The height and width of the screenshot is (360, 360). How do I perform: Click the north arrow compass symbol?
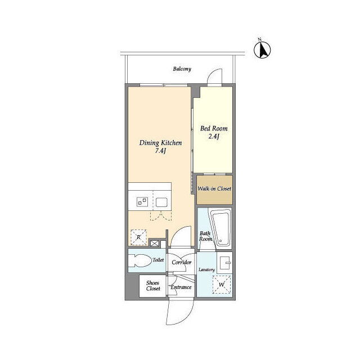tap(262, 49)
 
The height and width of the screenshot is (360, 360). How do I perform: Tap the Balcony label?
tap(182, 69)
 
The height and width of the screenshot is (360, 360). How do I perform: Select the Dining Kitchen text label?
tap(160, 143)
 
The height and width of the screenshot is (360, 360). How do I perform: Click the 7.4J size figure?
tap(160, 151)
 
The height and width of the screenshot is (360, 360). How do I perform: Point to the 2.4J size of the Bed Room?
tap(214, 136)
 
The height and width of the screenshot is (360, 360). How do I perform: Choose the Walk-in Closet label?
tap(214, 189)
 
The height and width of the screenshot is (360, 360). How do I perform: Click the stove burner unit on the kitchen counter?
tap(142, 202)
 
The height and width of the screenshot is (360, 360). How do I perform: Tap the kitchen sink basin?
tap(161, 202)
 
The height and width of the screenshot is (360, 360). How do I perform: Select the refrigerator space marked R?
tap(139, 237)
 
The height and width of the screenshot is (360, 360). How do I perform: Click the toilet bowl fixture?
tap(138, 261)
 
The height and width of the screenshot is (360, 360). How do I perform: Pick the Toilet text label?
tap(159, 260)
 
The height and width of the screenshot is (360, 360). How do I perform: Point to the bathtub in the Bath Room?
tap(221, 228)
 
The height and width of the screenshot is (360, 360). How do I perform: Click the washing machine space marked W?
tap(222, 285)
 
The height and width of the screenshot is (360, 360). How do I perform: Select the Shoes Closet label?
tap(153, 286)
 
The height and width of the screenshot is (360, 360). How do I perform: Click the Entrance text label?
tap(181, 287)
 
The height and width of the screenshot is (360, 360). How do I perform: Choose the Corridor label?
tap(181, 262)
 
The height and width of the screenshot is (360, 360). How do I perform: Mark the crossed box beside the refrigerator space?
tap(155, 244)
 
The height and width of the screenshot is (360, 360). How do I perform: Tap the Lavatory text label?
tap(206, 270)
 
